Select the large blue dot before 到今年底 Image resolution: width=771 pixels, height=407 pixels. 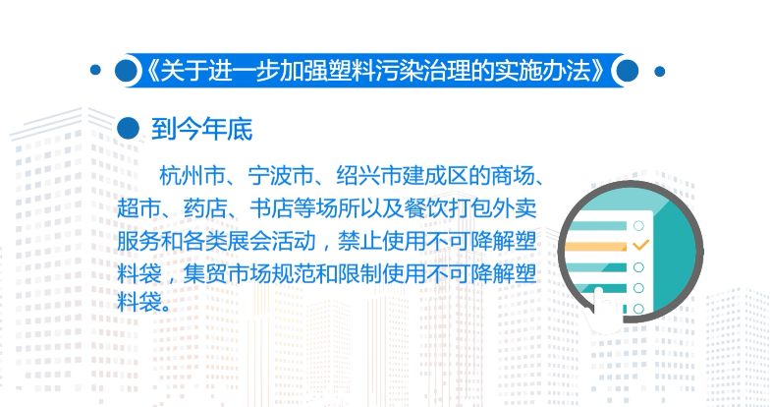pyautogui.click(x=126, y=128)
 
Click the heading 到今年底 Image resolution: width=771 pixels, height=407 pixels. pyautogui.click(x=202, y=128)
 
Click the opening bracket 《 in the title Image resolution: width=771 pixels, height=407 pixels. pyautogui.click(x=148, y=71)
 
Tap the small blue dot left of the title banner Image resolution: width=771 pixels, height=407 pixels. pyautogui.click(x=95, y=71)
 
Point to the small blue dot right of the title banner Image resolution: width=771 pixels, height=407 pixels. pyautogui.click(x=660, y=71)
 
